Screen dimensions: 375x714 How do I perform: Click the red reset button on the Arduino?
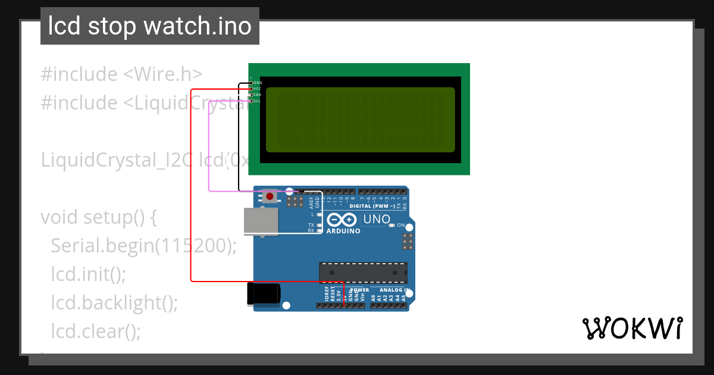(271, 196)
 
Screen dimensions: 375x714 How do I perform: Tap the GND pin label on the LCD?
(258, 83)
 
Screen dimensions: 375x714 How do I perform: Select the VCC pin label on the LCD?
(258, 89)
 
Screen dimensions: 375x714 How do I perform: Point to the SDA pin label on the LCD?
(258, 95)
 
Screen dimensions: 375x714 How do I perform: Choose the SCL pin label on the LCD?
(258, 101)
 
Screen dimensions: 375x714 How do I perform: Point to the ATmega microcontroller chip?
(364, 272)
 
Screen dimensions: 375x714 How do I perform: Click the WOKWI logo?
(632, 329)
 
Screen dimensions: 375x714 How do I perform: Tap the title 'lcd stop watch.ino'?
(149, 26)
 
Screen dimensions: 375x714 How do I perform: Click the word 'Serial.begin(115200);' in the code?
(143, 245)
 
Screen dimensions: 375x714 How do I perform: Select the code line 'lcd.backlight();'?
(114, 302)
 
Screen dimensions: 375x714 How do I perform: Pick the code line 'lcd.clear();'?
(96, 331)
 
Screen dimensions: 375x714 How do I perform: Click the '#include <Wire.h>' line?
(121, 74)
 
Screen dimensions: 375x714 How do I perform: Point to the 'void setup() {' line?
(99, 217)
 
